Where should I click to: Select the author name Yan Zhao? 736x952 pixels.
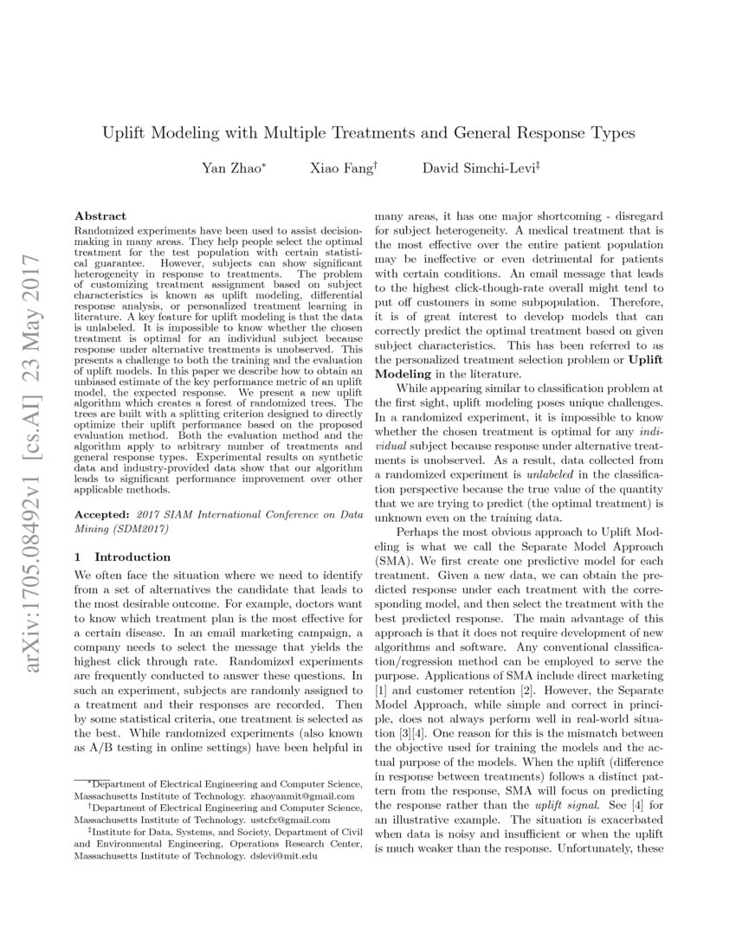235,168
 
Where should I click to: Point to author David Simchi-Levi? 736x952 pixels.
468,168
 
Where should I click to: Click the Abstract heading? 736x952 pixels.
100,215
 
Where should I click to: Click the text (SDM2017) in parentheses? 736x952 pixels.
138,526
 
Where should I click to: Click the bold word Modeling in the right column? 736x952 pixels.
404,373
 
